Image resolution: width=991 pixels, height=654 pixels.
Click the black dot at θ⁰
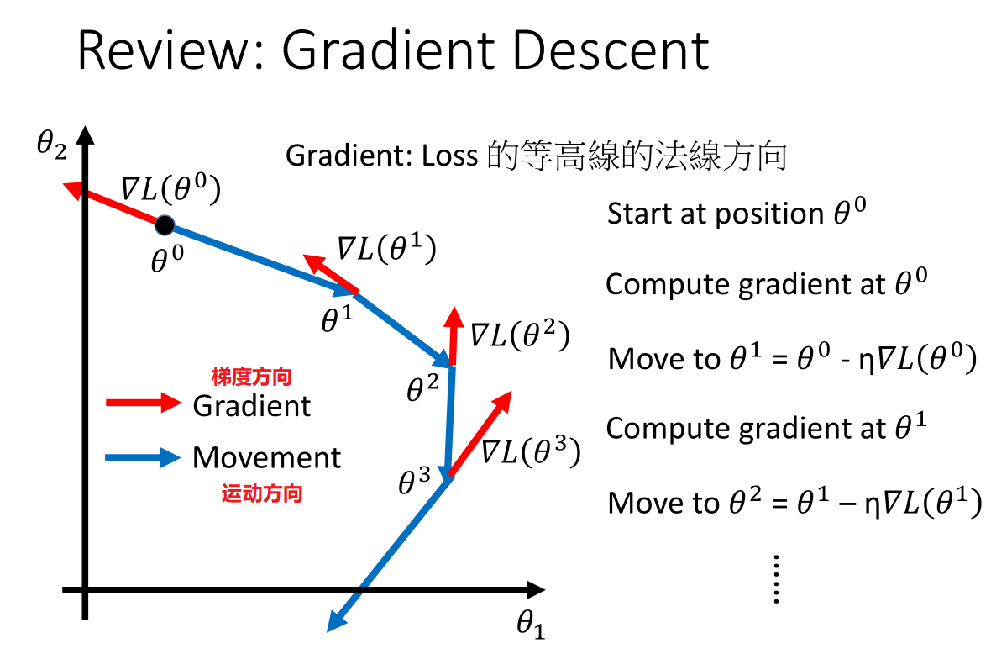click(165, 224)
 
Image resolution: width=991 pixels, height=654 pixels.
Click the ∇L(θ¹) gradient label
click(386, 250)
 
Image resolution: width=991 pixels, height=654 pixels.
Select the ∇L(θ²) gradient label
click(519, 335)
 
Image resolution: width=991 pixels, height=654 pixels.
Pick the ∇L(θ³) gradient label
click(530, 452)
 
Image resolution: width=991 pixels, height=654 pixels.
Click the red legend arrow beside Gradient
click(143, 403)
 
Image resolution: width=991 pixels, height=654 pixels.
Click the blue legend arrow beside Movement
click(143, 458)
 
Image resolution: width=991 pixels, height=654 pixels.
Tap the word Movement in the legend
click(266, 458)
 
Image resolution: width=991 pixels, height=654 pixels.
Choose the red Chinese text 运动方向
click(262, 493)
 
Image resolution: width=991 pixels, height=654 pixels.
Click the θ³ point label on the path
click(415, 482)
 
